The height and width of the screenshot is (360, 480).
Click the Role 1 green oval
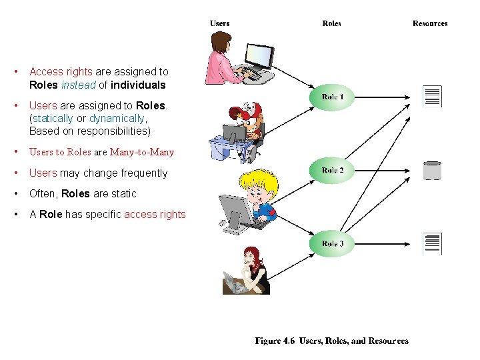pos(333,97)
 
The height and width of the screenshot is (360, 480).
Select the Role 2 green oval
pos(333,171)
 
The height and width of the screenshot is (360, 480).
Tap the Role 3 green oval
pos(333,244)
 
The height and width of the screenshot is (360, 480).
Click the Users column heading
pos(220,23)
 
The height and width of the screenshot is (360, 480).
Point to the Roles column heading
pos(331,23)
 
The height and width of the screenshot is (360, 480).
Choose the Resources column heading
pos(430,23)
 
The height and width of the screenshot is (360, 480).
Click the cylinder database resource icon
pos(432,171)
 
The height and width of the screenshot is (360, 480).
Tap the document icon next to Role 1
pos(432,97)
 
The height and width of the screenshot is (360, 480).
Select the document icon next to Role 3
pos(432,244)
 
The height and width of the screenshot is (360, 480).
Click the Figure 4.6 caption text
pos(331,341)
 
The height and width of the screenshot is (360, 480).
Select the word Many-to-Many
pos(141,152)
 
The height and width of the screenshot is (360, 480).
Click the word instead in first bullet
pos(78,85)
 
